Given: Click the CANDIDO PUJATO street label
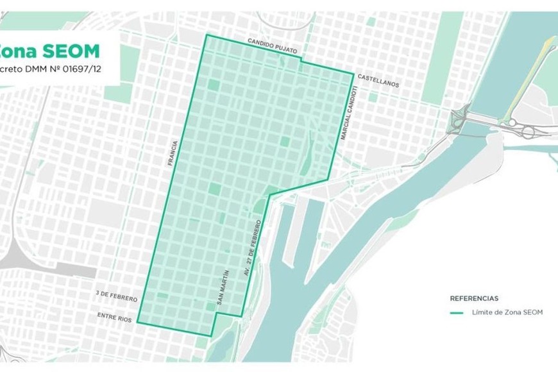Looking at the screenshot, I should tap(271, 42).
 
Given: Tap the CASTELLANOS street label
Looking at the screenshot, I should tap(378, 84).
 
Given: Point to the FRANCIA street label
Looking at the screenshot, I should tap(171, 154).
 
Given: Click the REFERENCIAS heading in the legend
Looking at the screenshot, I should tap(473, 298).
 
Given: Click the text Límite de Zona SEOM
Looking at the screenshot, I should tap(507, 312).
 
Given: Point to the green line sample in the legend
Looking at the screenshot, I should tap(457, 313).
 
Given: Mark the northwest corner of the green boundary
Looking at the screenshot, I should tap(205, 35).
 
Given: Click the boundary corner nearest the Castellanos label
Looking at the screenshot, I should tap(353, 73).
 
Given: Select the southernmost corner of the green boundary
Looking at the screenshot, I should tap(212, 335).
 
